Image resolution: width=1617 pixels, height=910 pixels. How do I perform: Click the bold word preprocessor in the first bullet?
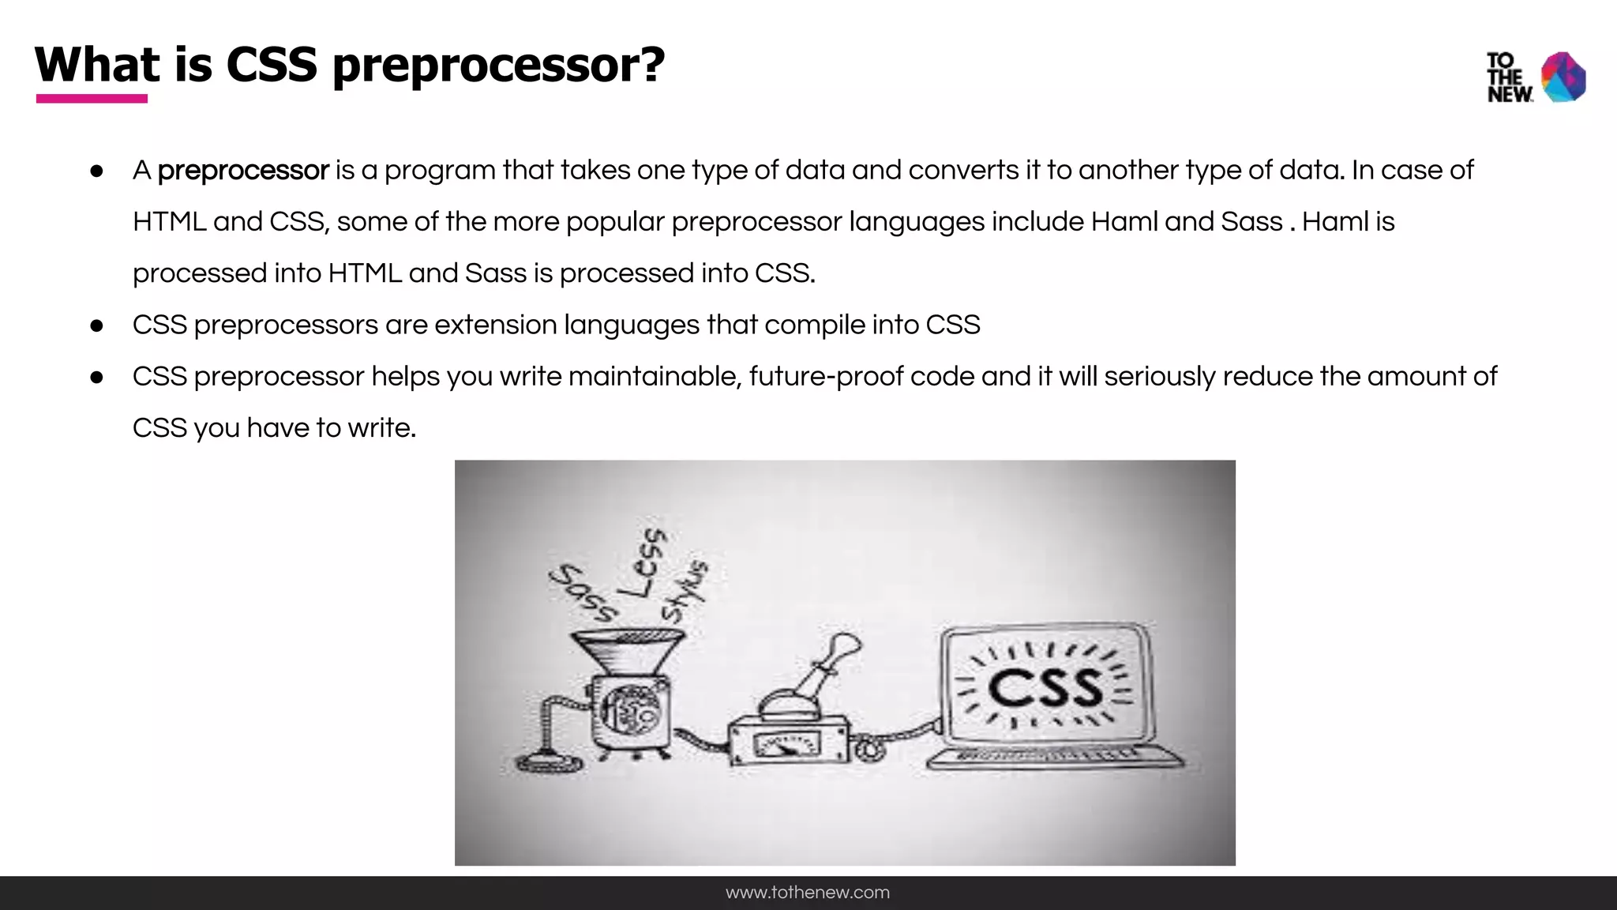242,171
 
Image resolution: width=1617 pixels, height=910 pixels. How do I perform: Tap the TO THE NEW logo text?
1509,77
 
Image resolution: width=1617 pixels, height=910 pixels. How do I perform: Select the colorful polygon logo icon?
1563,77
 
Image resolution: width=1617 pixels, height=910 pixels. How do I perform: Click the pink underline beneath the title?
92,99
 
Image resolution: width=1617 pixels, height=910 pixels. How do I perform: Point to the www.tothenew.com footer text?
808,893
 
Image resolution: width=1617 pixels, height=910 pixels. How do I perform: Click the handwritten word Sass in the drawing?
583,592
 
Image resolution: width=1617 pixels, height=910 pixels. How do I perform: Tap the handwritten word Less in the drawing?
643,563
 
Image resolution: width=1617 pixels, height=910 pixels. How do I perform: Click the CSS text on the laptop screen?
1045,687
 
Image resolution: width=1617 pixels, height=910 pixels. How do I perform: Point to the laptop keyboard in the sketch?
1054,756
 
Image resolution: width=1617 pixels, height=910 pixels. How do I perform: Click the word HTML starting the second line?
169,222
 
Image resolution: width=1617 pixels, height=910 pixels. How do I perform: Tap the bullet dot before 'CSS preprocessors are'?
97,325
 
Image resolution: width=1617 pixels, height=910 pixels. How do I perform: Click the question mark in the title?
651,65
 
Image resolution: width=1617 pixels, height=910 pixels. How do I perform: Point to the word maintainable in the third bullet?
655,377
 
